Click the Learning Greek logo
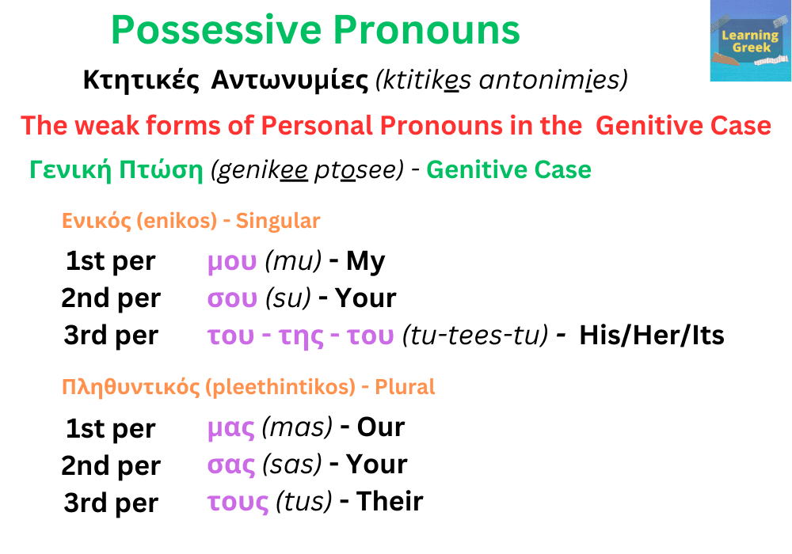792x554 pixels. pyautogui.click(x=750, y=41)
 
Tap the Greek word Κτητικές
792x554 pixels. pyautogui.click(x=140, y=80)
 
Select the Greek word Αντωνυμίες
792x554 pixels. pyautogui.click(x=290, y=80)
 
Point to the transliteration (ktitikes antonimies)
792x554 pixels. pyautogui.click(x=501, y=80)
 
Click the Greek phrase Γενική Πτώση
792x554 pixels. pyautogui.click(x=116, y=169)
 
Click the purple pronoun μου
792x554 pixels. pyautogui.click(x=232, y=262)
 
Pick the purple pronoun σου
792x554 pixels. pyautogui.click(x=232, y=298)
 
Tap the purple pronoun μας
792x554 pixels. pyautogui.click(x=230, y=428)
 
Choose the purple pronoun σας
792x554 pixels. pyautogui.click(x=230, y=465)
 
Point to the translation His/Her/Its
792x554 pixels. pyautogui.click(x=651, y=335)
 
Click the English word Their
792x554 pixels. pyautogui.click(x=390, y=501)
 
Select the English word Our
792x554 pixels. pyautogui.click(x=381, y=427)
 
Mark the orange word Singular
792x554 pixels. pyautogui.click(x=278, y=221)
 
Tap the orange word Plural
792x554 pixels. pyautogui.click(x=405, y=387)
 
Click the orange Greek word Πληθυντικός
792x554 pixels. pyautogui.click(x=131, y=387)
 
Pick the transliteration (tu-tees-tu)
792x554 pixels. pyautogui.click(x=475, y=336)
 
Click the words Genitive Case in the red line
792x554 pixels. pyautogui.click(x=683, y=125)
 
